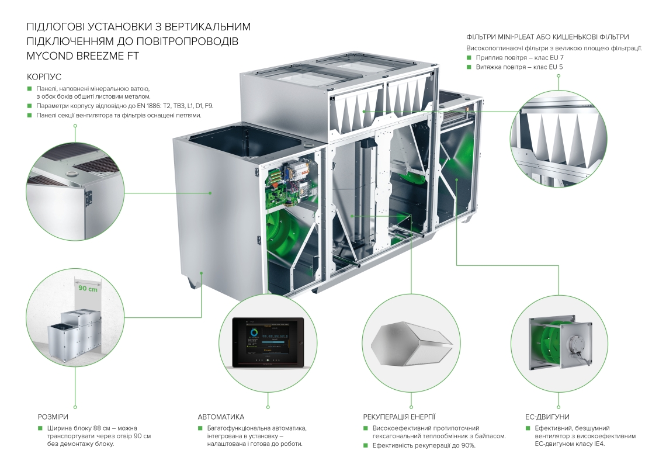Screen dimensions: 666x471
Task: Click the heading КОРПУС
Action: [x=44, y=77]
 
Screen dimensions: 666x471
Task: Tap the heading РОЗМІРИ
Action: [x=53, y=417]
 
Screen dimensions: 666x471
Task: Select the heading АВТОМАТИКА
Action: [x=221, y=417]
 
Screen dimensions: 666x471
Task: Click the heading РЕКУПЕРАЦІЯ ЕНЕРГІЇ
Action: [x=399, y=417]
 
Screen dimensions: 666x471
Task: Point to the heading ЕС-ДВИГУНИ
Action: [x=547, y=417]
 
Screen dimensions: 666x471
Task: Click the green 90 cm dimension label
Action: [x=88, y=288]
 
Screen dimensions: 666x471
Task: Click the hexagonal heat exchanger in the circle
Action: [x=411, y=343]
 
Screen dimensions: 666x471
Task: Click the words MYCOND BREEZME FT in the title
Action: [x=82, y=56]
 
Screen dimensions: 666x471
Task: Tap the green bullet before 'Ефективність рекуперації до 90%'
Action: [x=365, y=445]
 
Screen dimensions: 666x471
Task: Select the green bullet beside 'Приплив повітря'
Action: [x=469, y=57]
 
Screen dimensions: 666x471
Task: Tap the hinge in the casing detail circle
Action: [x=88, y=196]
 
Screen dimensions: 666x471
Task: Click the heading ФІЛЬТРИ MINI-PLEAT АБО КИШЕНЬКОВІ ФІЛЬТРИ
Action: [x=547, y=37]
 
